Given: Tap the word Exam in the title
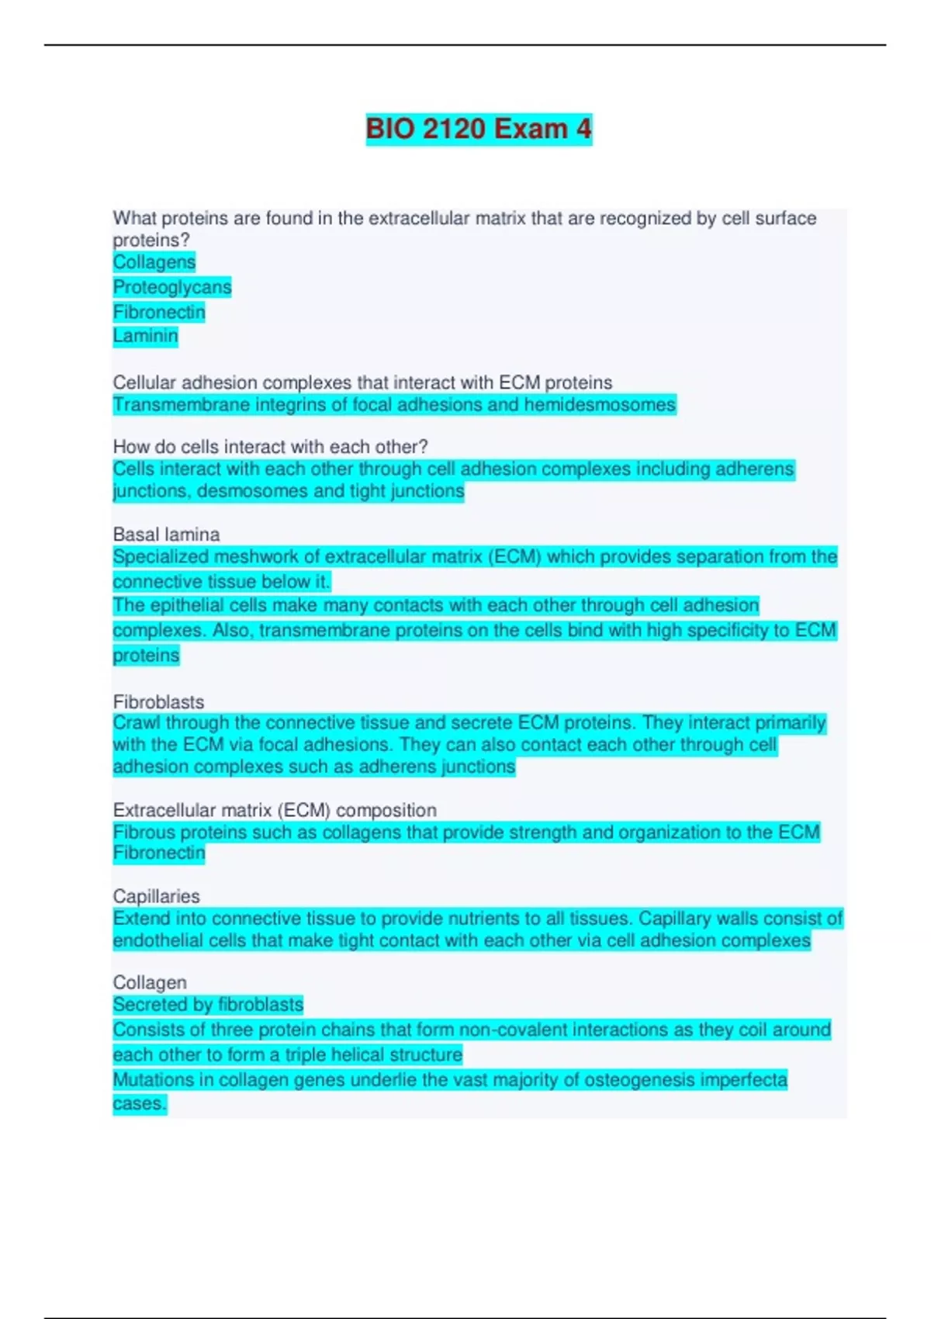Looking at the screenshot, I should tap(531, 129).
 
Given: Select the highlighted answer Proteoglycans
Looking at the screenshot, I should tap(172, 287).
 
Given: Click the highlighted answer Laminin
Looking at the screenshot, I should tap(145, 336).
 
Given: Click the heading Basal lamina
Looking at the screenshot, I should tap(166, 535).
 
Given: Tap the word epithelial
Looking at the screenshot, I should tap(190, 606).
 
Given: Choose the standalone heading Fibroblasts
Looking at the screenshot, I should tap(158, 702).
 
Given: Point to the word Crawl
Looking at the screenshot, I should tap(137, 723).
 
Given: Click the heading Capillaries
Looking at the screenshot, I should tap(156, 896).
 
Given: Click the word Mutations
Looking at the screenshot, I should tap(151, 1080).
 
